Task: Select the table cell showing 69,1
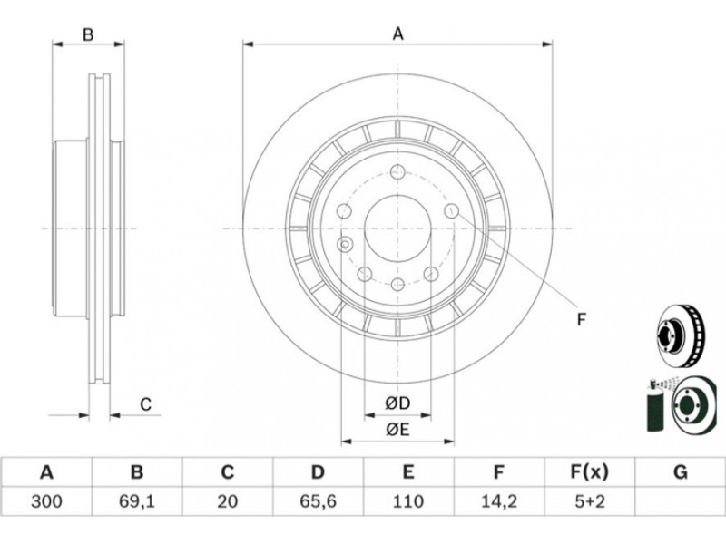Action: [x=136, y=500]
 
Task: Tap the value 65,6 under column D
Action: [x=318, y=500]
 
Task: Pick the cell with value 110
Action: [x=408, y=500]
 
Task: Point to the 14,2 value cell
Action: [x=499, y=500]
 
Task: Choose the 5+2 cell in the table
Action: [x=589, y=500]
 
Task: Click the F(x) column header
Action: [x=589, y=471]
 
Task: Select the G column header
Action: [x=680, y=471]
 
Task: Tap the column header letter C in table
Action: [x=227, y=471]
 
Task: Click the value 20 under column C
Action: [x=227, y=500]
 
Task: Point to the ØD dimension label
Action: [x=397, y=403]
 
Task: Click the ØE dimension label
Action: [x=397, y=430]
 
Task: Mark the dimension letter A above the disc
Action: [x=397, y=34]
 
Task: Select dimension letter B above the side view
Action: [x=88, y=34]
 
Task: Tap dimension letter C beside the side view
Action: [x=145, y=404]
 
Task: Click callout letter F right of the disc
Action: [x=582, y=318]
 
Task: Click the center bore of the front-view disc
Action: [x=397, y=228]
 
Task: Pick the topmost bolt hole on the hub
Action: [x=397, y=172]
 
